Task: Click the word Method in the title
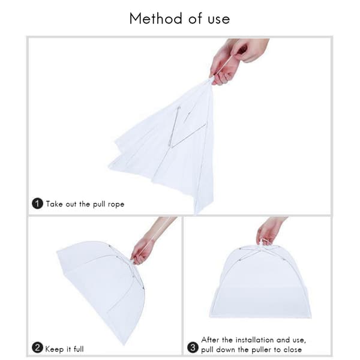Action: pos(156,19)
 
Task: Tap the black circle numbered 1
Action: pos(37,203)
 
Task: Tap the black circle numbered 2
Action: pos(37,348)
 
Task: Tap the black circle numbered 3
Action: pos(193,348)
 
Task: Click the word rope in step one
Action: pos(116,205)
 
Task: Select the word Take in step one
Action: pos(54,204)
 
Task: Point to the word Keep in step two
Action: pos(54,349)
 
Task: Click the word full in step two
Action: pos(79,349)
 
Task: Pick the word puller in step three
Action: pos(261,350)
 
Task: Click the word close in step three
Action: pos(293,350)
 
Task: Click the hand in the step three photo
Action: pos(269,231)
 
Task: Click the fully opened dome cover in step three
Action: pos(260,283)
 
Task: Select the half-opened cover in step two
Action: pos(101,287)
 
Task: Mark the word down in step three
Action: pos(226,350)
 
